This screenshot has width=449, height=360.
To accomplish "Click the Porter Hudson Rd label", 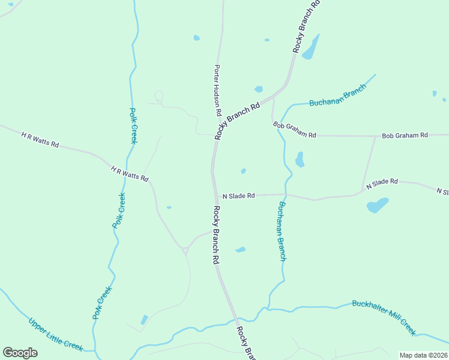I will (x=218, y=91).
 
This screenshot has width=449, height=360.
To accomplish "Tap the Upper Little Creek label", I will (x=55, y=334).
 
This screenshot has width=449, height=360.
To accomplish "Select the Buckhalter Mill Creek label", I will (x=384, y=317).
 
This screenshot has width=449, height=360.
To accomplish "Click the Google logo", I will (x=20, y=353).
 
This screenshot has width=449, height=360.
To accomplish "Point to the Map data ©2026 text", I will (x=423, y=355).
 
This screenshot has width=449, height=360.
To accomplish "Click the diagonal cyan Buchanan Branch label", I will (x=337, y=99).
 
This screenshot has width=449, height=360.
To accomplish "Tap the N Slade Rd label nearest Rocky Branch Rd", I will (x=239, y=196).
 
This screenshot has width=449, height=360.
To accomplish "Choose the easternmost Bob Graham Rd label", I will (x=405, y=135).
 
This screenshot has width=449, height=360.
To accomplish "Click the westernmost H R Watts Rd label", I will (x=40, y=140).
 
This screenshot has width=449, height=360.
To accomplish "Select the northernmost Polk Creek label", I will (x=133, y=125).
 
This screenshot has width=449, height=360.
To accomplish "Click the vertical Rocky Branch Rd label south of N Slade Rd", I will (x=216, y=235).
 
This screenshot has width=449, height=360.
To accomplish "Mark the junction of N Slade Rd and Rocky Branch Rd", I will (x=215, y=195).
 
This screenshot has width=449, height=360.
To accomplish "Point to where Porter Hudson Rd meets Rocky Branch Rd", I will (x=214, y=136).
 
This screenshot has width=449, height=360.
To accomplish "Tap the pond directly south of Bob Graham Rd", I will (x=300, y=159).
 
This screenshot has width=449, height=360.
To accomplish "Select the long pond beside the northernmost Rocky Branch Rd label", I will (x=310, y=48).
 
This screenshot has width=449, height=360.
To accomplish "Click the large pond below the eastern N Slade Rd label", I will (x=377, y=205).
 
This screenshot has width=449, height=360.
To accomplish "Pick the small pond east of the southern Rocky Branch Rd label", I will (x=240, y=250).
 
